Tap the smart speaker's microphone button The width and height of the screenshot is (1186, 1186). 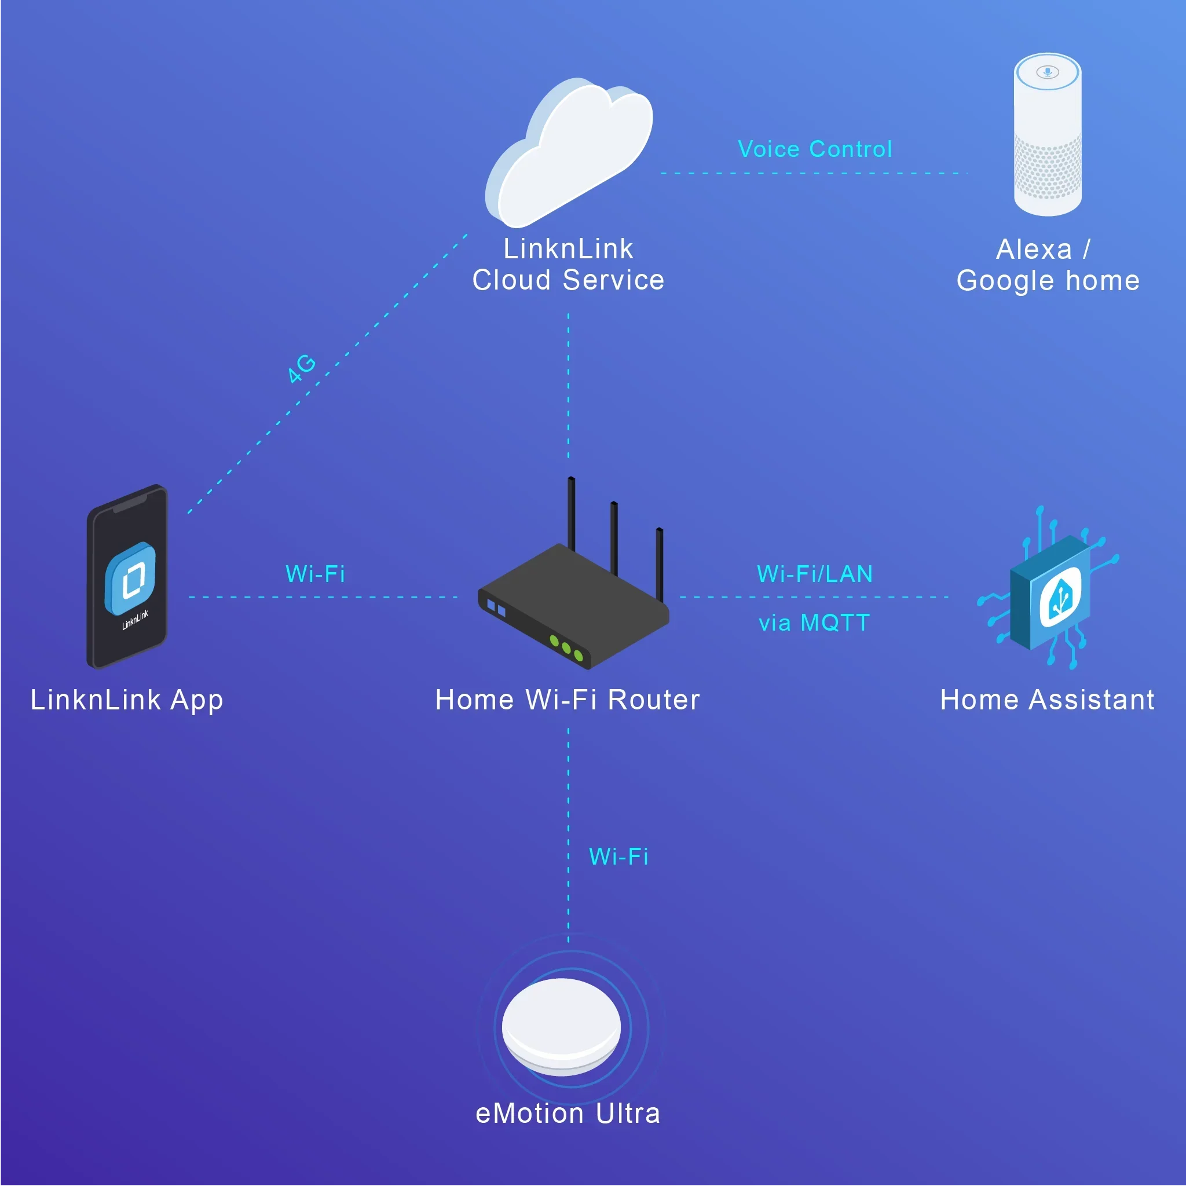pos(1047,72)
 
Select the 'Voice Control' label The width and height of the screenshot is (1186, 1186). pos(815,149)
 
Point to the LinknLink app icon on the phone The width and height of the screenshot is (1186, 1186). pos(130,577)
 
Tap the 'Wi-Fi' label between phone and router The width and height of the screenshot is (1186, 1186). pos(316,574)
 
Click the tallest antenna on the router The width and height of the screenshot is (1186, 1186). pos(572,513)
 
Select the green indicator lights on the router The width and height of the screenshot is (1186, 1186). pos(566,648)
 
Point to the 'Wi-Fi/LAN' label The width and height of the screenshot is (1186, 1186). pos(815,574)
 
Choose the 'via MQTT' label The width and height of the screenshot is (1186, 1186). pos(815,623)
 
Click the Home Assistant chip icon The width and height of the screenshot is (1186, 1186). pos(1051,592)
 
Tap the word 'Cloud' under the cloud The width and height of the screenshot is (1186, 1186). pos(511,280)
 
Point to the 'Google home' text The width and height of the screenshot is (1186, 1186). pos(1048,281)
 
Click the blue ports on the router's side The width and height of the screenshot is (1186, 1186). pos(496,609)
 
